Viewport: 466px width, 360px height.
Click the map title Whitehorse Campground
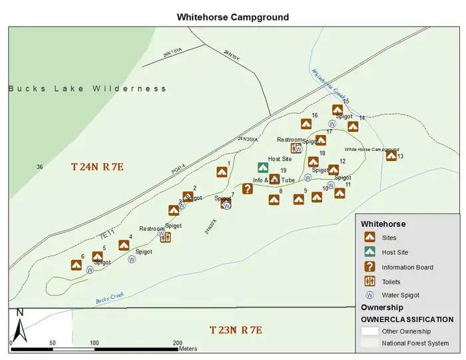232,17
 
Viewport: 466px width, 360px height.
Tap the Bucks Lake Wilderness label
87,89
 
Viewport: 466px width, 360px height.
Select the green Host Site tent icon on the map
263,168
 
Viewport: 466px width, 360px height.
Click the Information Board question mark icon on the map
247,188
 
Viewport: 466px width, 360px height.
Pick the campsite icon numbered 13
391,156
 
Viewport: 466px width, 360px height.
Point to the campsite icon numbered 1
222,172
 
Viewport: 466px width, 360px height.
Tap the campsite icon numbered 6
77,265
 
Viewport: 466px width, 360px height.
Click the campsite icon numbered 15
338,110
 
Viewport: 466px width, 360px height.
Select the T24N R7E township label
97,166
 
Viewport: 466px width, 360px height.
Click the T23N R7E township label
236,330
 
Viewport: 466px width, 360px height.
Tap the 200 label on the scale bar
178,343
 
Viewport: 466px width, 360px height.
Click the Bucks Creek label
109,299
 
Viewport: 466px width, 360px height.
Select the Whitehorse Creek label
326,87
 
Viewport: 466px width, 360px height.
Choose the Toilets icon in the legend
369,281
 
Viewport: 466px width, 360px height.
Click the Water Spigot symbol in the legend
369,295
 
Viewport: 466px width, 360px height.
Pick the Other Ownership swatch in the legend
370,331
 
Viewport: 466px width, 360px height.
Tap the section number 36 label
40,167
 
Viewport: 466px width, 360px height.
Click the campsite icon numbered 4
124,245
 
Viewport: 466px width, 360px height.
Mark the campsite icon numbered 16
306,124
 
